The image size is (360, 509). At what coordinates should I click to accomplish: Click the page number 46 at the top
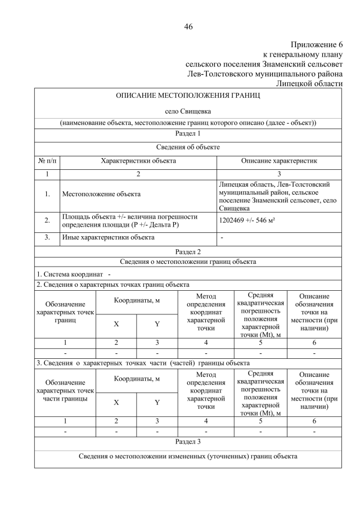[x=188, y=26]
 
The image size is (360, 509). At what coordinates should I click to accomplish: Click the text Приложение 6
[x=317, y=44]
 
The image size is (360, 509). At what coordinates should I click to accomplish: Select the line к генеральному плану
[x=303, y=55]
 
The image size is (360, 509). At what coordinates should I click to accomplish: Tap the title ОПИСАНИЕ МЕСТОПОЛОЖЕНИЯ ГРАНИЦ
[x=188, y=96]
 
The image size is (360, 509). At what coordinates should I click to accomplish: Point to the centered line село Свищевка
[x=188, y=112]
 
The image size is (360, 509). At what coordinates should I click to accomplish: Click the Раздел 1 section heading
[x=188, y=134]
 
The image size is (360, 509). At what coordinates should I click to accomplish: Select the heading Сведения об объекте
[x=188, y=147]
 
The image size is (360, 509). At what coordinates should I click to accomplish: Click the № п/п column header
[x=47, y=161]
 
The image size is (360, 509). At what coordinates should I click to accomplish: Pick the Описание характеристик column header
[x=279, y=161]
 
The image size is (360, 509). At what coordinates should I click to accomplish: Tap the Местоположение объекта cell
[x=101, y=194]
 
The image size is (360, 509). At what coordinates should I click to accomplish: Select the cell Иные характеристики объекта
[x=108, y=237]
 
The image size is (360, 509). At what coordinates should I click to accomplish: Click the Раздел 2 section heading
[x=188, y=251]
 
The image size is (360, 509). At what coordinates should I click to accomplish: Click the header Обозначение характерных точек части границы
[x=65, y=391]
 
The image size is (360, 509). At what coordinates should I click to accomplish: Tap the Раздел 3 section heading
[x=188, y=440]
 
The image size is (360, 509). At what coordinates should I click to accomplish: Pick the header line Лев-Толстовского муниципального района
[x=264, y=74]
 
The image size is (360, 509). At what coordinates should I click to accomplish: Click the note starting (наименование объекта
[x=188, y=123]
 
